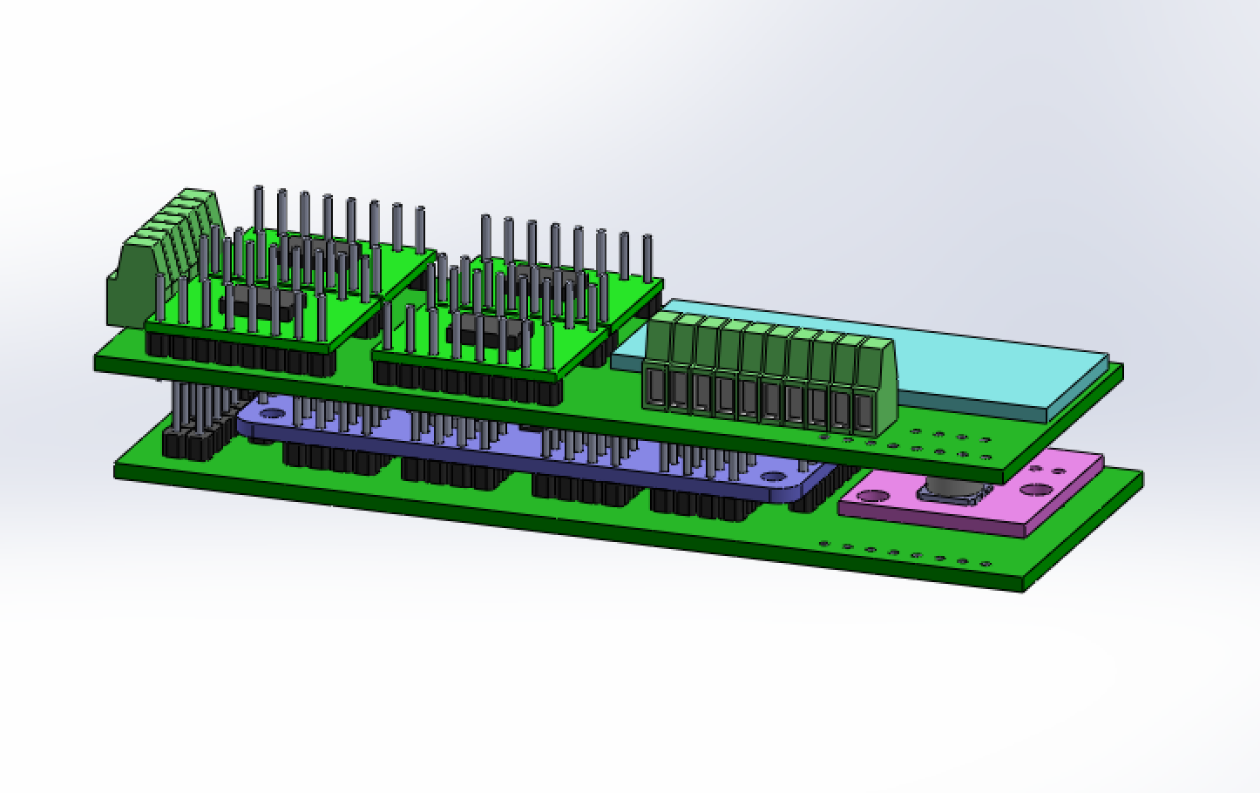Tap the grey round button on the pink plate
pos(950,492)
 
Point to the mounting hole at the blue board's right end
pos(772,477)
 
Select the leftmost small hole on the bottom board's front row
pos(824,544)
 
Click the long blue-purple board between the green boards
pos(523,453)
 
